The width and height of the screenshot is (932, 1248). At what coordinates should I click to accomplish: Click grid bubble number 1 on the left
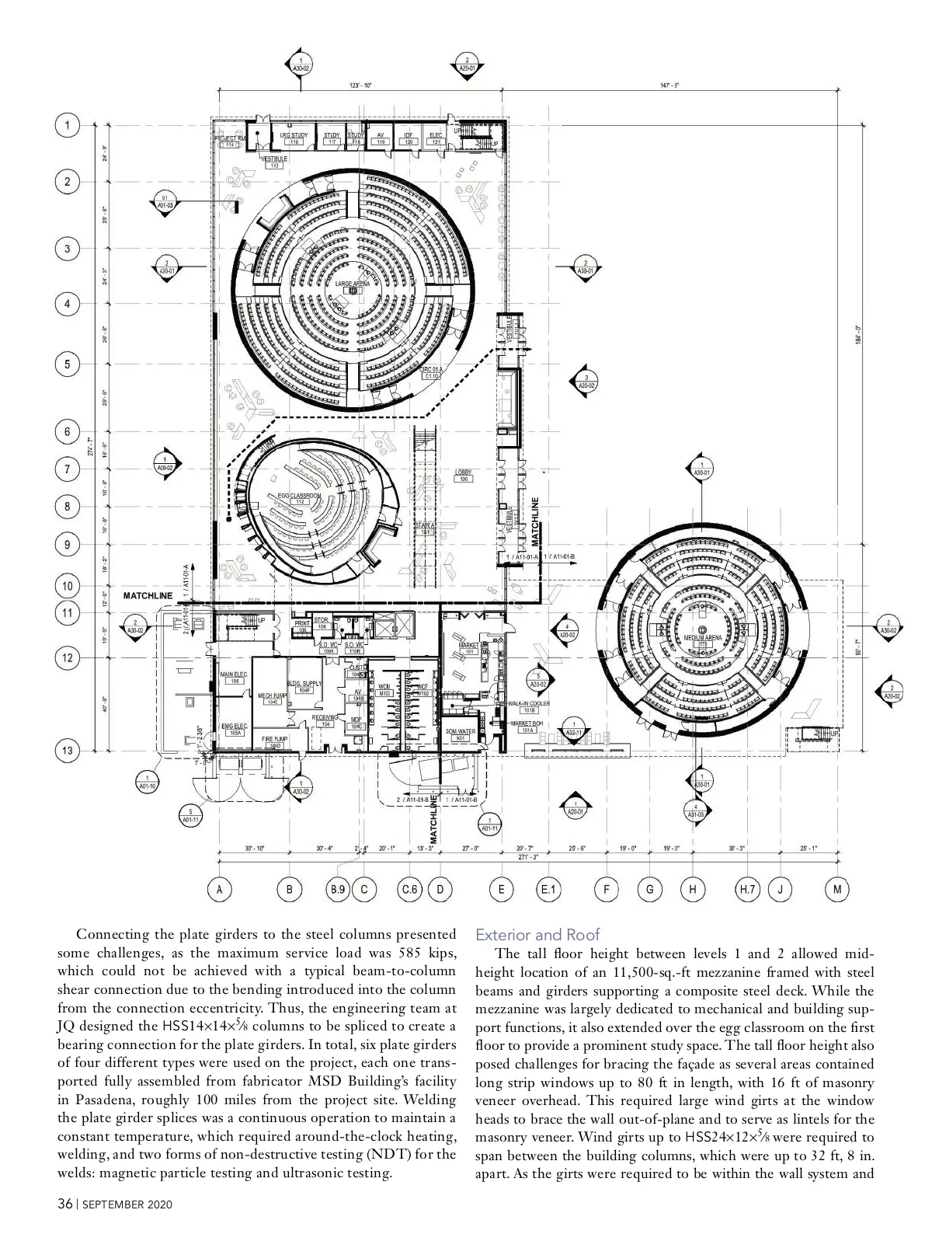[68, 125]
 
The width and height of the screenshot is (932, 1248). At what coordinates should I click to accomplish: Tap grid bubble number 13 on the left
[68, 751]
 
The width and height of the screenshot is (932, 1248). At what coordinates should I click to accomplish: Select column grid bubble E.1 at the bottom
[548, 890]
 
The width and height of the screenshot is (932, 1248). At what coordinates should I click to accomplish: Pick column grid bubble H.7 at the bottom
[747, 890]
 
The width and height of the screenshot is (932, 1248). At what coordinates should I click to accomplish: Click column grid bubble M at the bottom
[837, 890]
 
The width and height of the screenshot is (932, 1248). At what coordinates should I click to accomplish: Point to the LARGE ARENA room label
[353, 285]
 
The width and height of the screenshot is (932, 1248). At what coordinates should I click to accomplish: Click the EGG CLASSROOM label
[299, 497]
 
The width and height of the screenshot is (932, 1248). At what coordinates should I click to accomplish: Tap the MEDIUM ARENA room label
[703, 638]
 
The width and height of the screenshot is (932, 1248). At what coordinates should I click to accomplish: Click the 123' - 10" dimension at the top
[360, 85]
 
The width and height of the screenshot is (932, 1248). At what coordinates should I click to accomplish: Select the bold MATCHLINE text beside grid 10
[148, 595]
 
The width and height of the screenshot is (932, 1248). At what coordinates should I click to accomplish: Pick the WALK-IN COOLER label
[529, 704]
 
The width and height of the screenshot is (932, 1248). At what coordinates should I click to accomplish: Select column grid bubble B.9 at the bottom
[338, 890]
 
